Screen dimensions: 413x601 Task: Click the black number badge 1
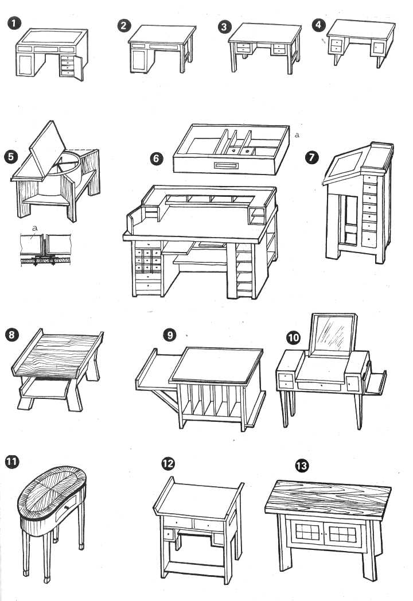coord(14,22)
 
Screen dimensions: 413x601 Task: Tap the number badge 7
coord(312,157)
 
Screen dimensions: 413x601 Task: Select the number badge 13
coord(302,466)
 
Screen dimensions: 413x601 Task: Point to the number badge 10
coord(293,338)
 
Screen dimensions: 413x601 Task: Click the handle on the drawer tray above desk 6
coord(226,165)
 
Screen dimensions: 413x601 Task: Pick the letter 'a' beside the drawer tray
coord(297,135)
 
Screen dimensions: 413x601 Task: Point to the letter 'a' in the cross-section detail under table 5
coord(35,228)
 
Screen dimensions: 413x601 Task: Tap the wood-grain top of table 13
coord(328,497)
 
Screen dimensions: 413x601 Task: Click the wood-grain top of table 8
coord(57,355)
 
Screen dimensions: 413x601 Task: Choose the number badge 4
coord(318,25)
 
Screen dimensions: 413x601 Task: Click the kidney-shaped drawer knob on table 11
coord(67,507)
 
